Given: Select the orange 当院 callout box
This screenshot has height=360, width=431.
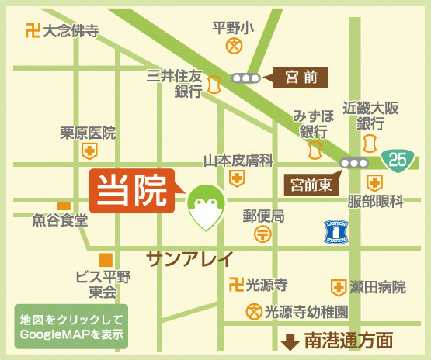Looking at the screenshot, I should [131, 190].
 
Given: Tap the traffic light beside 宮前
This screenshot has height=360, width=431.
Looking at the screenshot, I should [245, 78].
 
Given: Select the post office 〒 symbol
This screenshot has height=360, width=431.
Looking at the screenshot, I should [262, 234].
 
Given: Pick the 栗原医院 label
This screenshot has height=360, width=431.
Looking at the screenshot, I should [88, 133].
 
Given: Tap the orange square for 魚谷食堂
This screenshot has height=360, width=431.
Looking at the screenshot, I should [64, 205].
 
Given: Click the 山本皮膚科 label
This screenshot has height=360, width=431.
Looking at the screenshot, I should [238, 160].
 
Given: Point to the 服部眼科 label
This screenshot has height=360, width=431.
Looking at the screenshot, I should [376, 202].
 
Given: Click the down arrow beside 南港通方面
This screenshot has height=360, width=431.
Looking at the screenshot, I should [290, 341].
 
